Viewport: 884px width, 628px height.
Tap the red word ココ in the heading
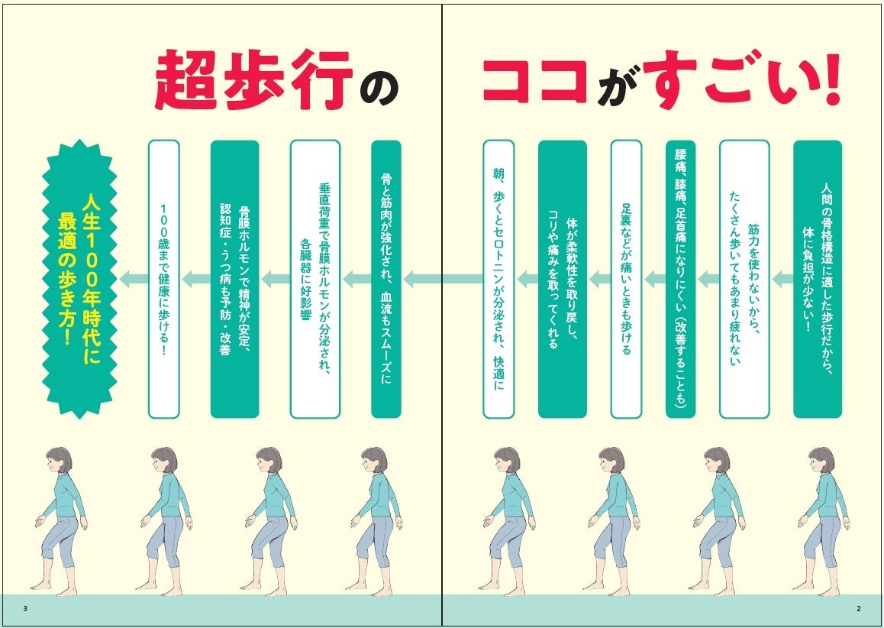tap(534, 80)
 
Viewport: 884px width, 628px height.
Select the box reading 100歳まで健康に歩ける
tap(163, 280)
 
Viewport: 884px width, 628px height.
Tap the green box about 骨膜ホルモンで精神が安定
tap(234, 280)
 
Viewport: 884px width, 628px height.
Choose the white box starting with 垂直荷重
tap(315, 280)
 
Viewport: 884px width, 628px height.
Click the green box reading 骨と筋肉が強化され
tap(386, 280)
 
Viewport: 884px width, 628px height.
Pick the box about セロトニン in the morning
tap(498, 280)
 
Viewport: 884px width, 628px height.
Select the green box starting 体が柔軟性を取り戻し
tap(563, 280)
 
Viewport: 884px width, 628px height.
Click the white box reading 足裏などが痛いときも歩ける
tap(625, 280)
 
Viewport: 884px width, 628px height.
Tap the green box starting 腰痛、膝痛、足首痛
tap(680, 280)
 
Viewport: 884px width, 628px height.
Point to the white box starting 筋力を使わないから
tap(744, 280)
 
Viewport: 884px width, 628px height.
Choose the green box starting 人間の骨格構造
tap(817, 280)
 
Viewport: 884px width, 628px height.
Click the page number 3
tap(26, 608)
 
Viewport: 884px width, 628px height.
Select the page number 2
tap(858, 608)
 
